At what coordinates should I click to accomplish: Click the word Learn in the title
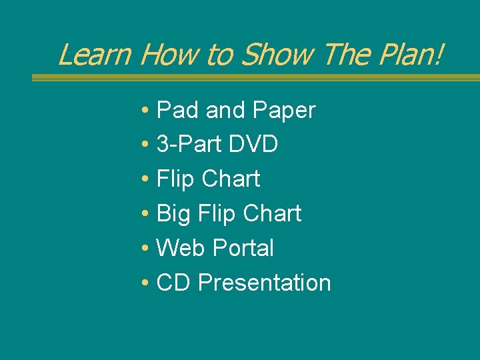click(x=95, y=54)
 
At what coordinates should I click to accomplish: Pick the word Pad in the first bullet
click(x=178, y=110)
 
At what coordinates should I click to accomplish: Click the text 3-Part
click(x=188, y=144)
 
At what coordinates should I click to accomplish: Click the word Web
click(x=181, y=248)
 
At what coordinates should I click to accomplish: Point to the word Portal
click(x=243, y=248)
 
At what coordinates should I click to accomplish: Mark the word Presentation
click(x=264, y=283)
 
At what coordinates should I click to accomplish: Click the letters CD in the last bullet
click(x=173, y=283)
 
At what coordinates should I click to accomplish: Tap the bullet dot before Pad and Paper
click(x=145, y=111)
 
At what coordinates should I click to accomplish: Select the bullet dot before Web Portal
click(x=145, y=249)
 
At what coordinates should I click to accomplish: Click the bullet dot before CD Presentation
click(x=145, y=283)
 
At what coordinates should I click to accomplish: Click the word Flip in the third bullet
click(x=175, y=179)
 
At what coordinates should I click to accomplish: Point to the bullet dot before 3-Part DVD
click(x=145, y=145)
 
